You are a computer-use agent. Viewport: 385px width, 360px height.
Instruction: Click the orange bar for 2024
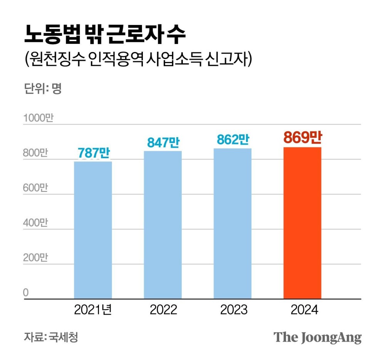[302, 223]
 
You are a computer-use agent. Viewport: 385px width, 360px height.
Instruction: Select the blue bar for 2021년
[93, 230]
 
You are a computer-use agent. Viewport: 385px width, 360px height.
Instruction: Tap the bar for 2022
[162, 225]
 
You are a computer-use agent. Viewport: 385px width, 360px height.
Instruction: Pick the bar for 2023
[232, 224]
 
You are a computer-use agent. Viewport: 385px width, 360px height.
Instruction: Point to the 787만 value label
[94, 153]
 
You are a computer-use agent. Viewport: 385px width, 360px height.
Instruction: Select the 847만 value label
[163, 142]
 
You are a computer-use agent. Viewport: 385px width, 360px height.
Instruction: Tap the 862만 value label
[233, 139]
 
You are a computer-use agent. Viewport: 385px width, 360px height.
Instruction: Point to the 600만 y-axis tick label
[35, 188]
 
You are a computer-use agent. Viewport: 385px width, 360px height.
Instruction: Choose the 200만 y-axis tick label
[35, 258]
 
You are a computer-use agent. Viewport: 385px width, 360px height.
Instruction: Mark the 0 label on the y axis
[26, 293]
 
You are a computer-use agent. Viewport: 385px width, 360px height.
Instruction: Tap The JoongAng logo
[318, 337]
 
